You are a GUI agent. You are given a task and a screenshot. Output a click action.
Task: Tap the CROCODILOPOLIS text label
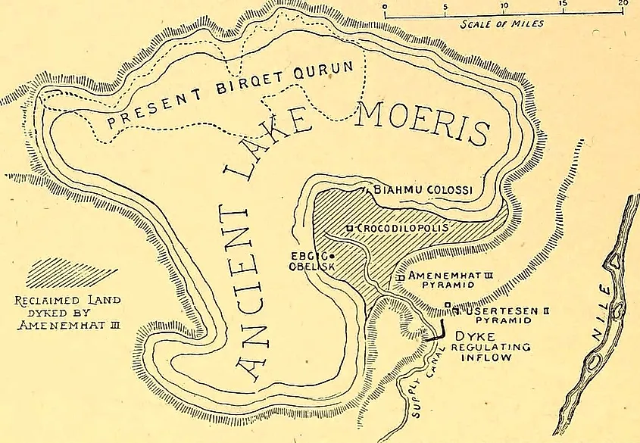401,228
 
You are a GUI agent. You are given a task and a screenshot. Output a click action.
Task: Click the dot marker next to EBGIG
332,256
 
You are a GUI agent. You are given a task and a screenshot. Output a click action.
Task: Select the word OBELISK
304,267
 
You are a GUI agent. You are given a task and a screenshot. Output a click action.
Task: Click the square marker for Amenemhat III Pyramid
401,278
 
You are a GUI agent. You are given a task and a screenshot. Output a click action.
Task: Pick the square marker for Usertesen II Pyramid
448,306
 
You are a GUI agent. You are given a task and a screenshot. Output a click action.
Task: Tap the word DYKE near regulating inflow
469,334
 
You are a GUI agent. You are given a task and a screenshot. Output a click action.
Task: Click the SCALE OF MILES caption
502,23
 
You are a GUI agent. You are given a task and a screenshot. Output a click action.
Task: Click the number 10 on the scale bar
504,5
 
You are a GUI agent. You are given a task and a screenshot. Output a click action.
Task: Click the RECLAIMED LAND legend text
68,300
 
